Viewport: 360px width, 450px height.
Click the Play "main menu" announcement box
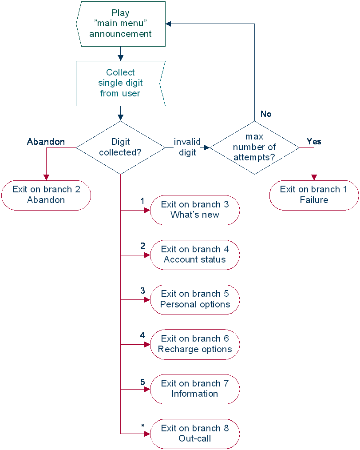tap(121, 24)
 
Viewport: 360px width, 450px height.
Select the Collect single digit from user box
tap(120, 83)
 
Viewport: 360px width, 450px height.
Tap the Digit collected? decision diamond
tap(120, 147)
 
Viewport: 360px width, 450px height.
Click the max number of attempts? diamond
tap(254, 147)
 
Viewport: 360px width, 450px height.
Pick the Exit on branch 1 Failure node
tap(314, 195)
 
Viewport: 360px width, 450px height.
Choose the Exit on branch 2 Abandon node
tap(46, 195)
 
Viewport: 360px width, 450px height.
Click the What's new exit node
tap(195, 210)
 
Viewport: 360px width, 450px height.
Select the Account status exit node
tap(195, 255)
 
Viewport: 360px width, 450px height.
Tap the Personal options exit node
tap(195, 299)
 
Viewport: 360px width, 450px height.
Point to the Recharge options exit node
tap(195, 344)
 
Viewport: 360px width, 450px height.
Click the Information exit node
tap(195, 389)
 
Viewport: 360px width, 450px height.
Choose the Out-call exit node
tap(195, 434)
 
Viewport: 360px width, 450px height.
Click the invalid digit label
tap(187, 147)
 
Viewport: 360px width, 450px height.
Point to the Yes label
tap(314, 142)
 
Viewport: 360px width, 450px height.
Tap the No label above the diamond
tap(266, 114)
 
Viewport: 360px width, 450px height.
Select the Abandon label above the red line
tap(46, 142)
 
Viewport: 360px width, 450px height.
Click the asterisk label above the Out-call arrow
tap(142, 426)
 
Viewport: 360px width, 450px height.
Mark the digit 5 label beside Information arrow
tap(142, 382)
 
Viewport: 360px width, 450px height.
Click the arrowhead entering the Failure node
tap(314, 177)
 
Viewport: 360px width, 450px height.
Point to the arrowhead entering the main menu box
tap(169, 24)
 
